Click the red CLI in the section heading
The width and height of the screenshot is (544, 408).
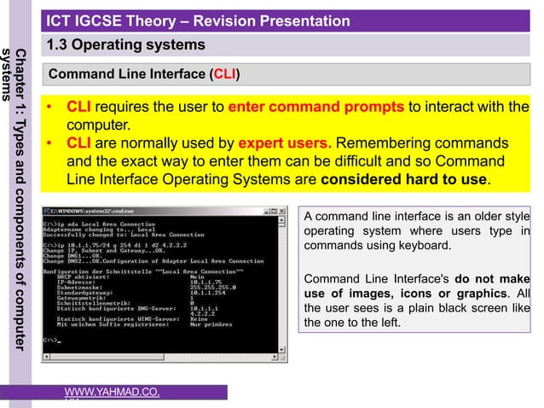[224, 75]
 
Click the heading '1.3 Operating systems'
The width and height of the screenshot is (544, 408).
[125, 44]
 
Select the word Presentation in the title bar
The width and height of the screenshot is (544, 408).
[297, 20]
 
